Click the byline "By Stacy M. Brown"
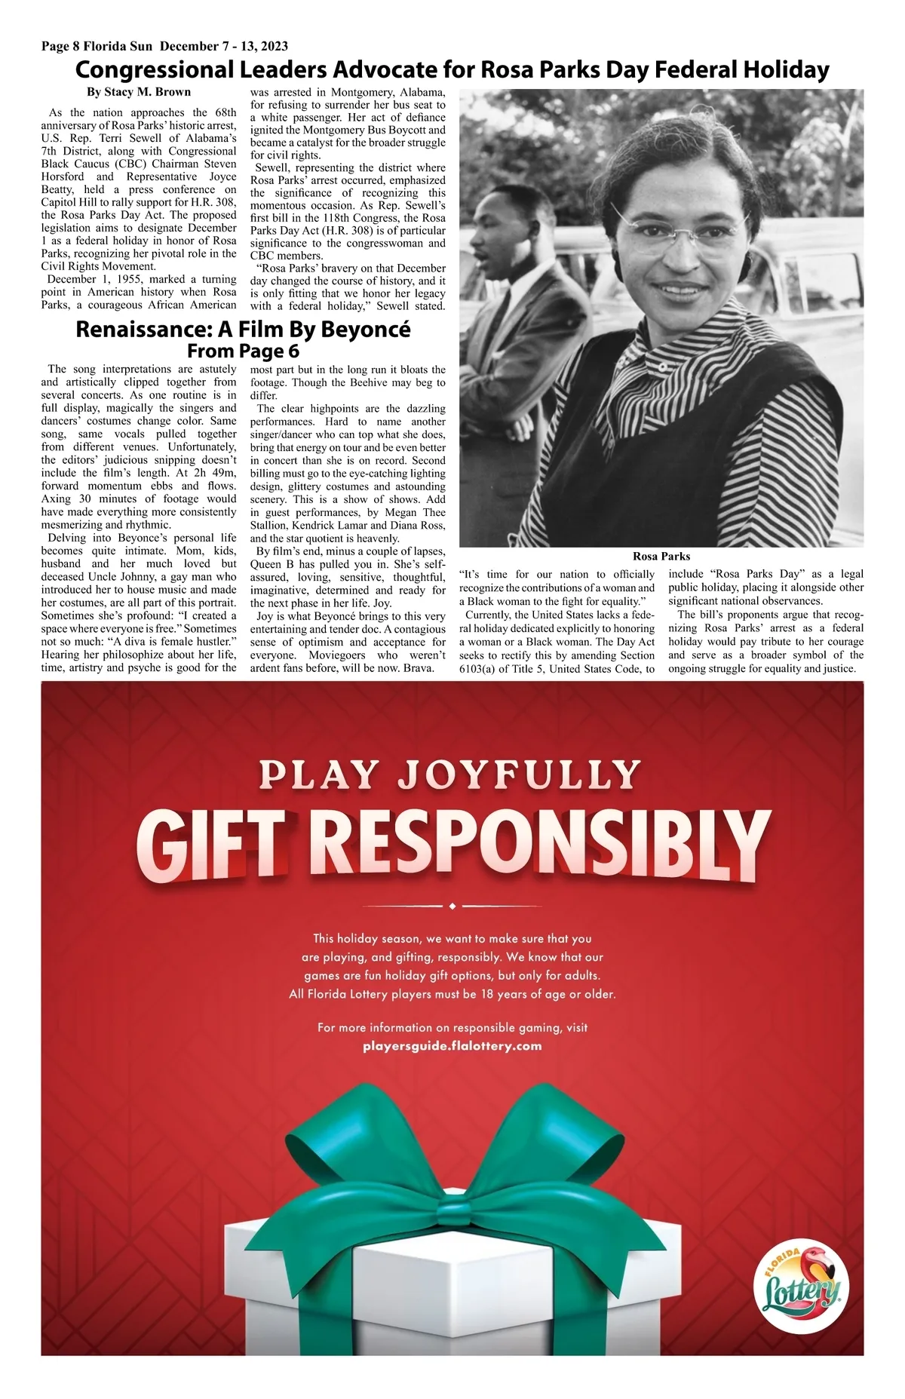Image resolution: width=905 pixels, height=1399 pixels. pyautogui.click(x=139, y=92)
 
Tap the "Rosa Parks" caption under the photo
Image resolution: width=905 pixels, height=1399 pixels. pyautogui.click(x=661, y=556)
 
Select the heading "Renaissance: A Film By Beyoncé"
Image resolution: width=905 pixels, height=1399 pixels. pyautogui.click(x=243, y=330)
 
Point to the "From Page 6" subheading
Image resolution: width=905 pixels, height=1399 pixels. pyautogui.click(x=243, y=351)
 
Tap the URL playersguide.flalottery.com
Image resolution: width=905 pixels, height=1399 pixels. pyautogui.click(x=452, y=1046)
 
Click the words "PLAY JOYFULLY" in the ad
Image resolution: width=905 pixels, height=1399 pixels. pyautogui.click(x=450, y=775)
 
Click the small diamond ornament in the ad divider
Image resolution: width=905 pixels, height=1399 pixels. pyautogui.click(x=452, y=906)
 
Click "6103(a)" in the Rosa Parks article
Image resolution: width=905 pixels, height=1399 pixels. pyautogui.click(x=479, y=669)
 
